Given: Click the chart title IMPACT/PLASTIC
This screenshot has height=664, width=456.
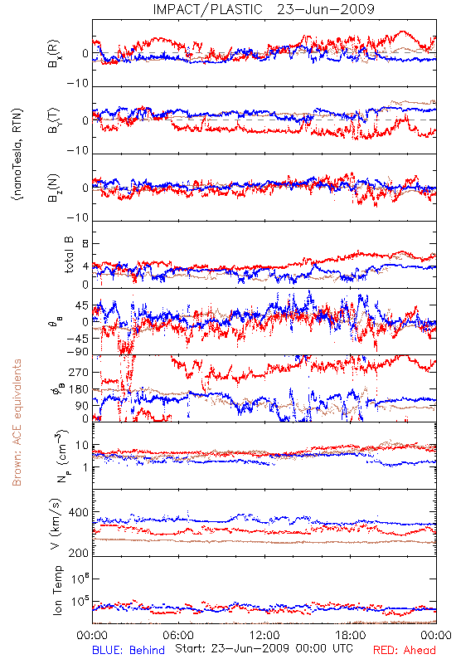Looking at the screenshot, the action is point(208,9).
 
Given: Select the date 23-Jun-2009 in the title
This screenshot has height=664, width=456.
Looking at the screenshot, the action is point(326,9).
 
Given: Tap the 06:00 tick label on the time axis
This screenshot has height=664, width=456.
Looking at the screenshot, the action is point(178,635).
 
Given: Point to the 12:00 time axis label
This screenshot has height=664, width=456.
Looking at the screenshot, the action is point(264,635).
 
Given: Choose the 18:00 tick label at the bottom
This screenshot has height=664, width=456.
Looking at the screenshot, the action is point(351,635).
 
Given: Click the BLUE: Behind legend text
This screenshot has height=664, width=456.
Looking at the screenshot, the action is point(129,650).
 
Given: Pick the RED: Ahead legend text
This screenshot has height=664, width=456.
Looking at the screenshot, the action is point(405,650).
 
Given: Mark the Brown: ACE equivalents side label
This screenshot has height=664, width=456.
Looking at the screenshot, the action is point(17,422).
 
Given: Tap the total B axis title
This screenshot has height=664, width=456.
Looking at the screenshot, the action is point(69,255).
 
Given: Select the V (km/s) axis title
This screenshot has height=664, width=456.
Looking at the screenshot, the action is point(56,524).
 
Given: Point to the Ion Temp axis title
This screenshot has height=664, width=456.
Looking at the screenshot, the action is point(57,590).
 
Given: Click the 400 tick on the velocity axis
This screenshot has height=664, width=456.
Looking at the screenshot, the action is point(79,512).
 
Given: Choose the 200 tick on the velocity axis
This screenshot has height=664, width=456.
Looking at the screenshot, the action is point(79,553).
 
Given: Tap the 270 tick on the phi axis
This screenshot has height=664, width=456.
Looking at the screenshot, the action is point(79,372).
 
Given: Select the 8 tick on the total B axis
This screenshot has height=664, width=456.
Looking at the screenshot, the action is point(85,244).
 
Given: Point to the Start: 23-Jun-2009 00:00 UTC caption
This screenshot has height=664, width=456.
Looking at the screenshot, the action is point(264,648).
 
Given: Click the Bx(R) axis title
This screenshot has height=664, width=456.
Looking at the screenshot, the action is point(54,54).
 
